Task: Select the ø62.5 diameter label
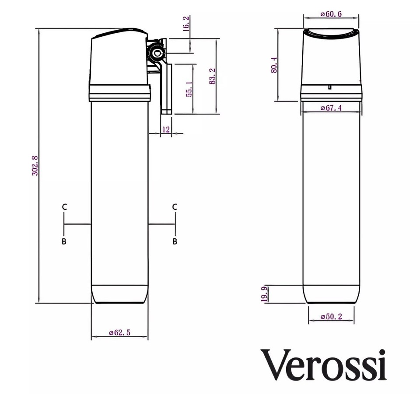click(119, 333)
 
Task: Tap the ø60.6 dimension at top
click(331, 14)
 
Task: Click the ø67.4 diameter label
click(331, 108)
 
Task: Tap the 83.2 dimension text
click(212, 76)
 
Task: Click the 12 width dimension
click(165, 129)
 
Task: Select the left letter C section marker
click(64, 207)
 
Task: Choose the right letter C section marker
click(175, 207)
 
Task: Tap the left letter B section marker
click(64, 241)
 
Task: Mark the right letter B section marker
click(175, 241)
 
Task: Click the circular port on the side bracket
click(156, 53)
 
